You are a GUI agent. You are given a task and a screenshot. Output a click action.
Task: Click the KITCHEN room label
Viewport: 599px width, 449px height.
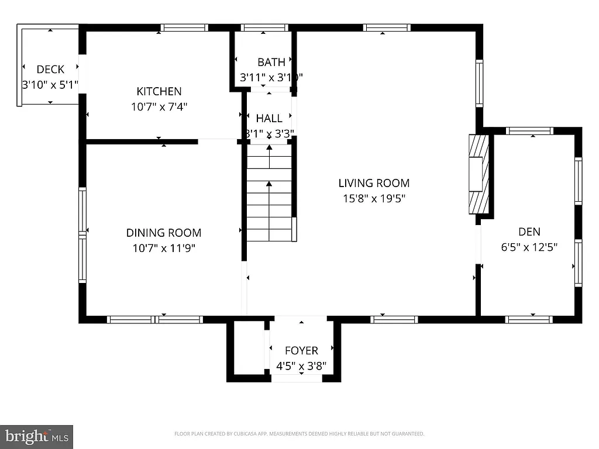tap(159, 91)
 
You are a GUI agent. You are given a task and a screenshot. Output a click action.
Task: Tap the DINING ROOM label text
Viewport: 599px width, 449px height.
tap(164, 233)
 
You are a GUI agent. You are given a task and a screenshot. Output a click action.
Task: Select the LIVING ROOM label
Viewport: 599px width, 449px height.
tap(374, 183)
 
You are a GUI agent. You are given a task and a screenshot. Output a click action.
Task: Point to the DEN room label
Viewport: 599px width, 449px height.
tap(529, 231)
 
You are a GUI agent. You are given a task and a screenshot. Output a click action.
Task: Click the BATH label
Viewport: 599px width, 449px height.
tap(271, 62)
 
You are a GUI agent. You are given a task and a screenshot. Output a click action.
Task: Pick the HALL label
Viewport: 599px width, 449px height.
tap(269, 118)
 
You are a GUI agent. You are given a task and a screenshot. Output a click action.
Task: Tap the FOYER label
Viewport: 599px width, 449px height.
tap(301, 351)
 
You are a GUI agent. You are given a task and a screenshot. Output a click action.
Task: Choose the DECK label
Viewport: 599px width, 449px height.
tap(50, 70)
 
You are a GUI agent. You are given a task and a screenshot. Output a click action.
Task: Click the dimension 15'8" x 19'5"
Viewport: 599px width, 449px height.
tap(374, 199)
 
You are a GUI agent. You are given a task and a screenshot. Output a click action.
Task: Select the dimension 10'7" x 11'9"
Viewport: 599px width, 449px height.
tap(164, 248)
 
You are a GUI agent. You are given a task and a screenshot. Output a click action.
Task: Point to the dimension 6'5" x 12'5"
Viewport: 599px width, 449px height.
tap(529, 247)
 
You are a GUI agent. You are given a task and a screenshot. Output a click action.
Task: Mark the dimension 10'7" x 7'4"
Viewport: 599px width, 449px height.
tap(159, 107)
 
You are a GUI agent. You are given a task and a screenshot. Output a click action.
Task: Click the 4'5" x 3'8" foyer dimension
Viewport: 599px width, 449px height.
tap(301, 367)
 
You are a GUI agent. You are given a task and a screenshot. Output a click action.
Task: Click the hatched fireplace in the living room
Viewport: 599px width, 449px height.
tap(478, 174)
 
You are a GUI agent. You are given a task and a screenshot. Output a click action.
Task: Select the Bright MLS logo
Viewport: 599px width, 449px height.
tap(36, 436)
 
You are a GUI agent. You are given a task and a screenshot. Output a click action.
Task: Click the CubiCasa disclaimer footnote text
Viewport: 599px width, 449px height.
tap(299, 434)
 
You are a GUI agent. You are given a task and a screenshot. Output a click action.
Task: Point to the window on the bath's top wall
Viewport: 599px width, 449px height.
tap(264, 27)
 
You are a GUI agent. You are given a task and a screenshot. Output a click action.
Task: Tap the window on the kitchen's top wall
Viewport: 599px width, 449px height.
tap(184, 27)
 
